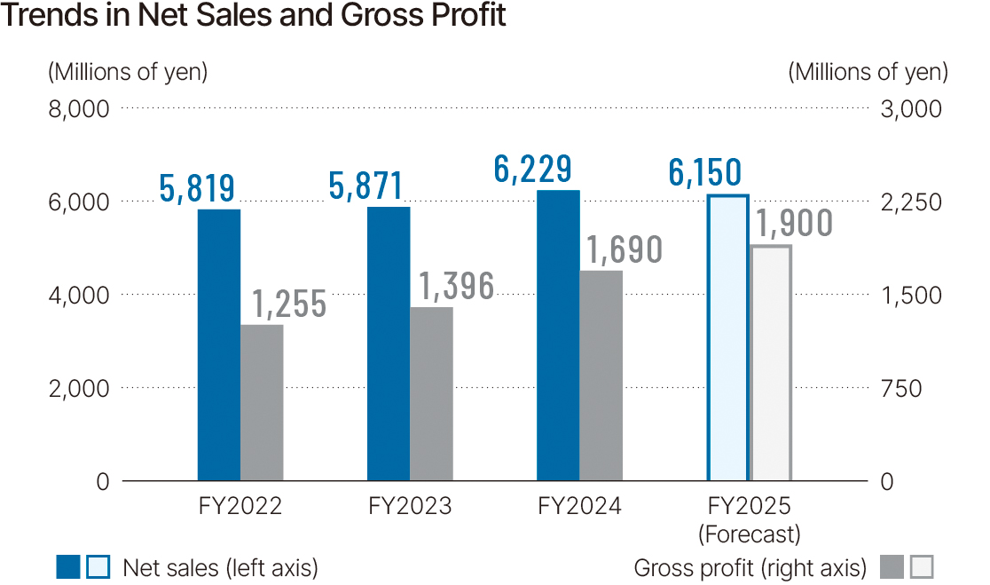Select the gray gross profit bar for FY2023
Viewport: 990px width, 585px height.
click(x=431, y=394)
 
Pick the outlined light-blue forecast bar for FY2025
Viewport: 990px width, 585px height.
click(x=727, y=338)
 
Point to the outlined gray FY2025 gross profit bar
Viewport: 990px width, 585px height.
click(x=770, y=363)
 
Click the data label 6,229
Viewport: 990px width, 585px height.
click(x=532, y=169)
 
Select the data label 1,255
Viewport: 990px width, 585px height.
click(x=289, y=304)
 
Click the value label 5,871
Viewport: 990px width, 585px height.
click(x=365, y=186)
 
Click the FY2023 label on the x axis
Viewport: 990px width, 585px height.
click(x=410, y=507)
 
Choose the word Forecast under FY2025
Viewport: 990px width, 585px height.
click(x=750, y=534)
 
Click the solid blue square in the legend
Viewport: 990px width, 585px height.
click(x=68, y=566)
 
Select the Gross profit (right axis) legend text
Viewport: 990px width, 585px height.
click(x=750, y=567)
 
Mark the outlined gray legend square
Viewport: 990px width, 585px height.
click(x=923, y=566)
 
